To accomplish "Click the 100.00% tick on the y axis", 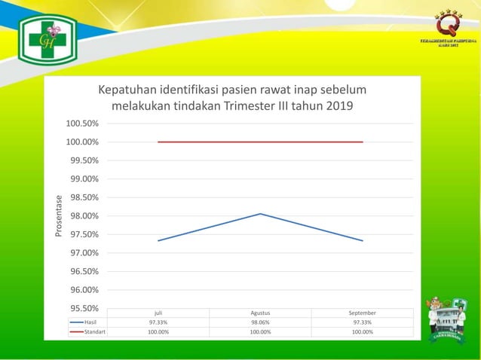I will tap(81, 142).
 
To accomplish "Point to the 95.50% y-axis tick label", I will tap(81, 308).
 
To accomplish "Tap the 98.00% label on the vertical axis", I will tap(81, 216).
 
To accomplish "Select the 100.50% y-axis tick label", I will tap(81, 124).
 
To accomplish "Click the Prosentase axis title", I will tap(60, 216).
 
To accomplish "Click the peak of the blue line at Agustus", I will tap(260, 214).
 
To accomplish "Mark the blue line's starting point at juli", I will tap(158, 241).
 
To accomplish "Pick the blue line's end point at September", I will tap(363, 241).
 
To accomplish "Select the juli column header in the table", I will tap(158, 313).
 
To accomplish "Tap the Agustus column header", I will tap(260, 313).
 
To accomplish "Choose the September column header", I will tap(363, 313).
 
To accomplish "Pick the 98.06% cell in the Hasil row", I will tap(260, 322).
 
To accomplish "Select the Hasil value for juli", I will tap(158, 322).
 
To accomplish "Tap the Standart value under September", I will tap(363, 332).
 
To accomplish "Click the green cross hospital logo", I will tap(47, 40).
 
